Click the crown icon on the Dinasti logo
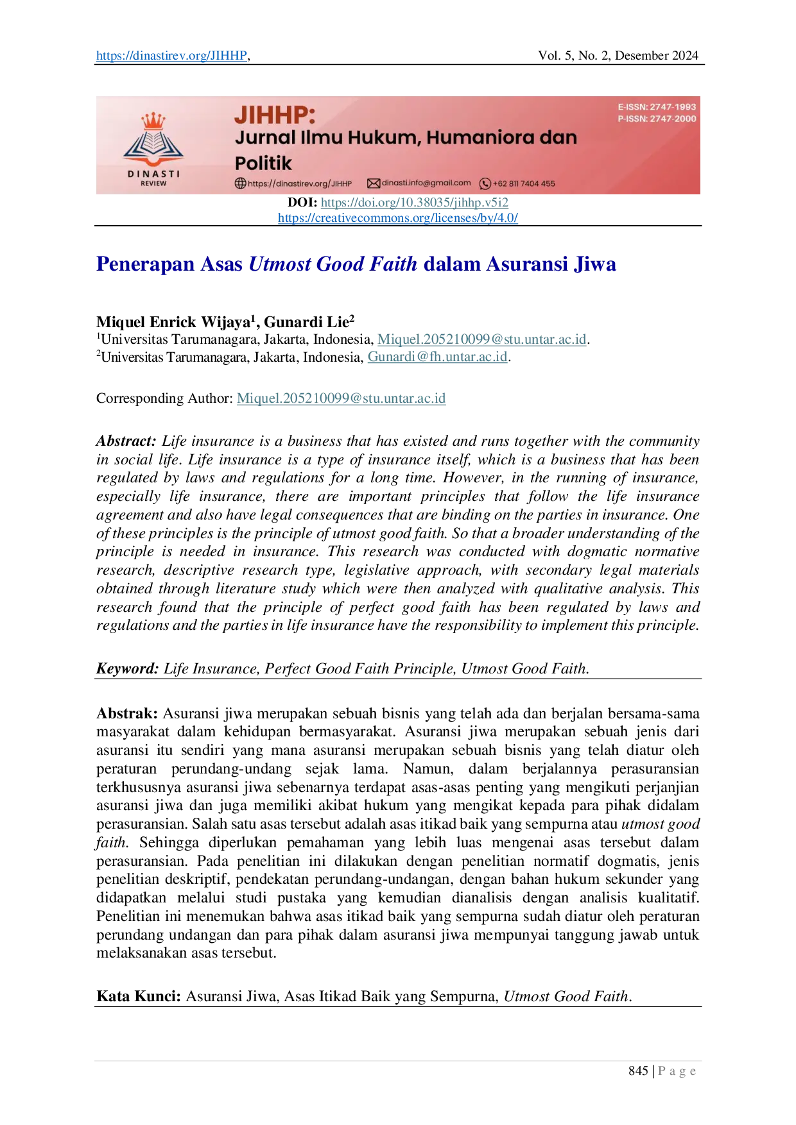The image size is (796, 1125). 153,121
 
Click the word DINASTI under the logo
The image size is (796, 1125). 153,174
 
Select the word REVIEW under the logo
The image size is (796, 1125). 153,183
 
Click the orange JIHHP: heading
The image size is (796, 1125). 275,115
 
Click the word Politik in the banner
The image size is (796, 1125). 263,163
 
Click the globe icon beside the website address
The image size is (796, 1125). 240,183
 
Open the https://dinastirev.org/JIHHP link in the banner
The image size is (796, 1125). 300,183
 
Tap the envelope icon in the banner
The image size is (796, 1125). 373,183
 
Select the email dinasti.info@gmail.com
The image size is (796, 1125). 426,183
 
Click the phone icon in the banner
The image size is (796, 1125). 485,184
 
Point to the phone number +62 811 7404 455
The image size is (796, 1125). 524,183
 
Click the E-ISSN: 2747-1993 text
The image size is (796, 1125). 657,107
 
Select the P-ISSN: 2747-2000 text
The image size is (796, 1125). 657,119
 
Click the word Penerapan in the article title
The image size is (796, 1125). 144,263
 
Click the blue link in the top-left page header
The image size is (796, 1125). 171,56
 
